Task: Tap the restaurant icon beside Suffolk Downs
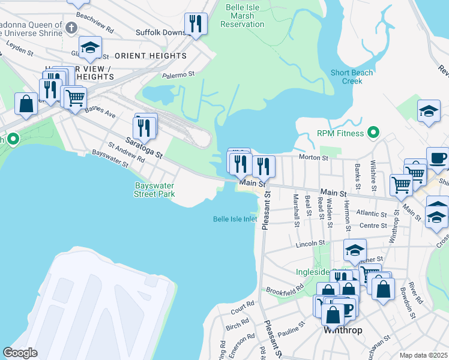coord(196,24)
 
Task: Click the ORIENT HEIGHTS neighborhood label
coord(150,56)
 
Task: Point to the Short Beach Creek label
coord(352,77)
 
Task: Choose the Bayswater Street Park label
coord(154,190)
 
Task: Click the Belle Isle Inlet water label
coord(235,219)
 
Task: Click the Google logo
coord(20,353)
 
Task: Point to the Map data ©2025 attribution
coord(423,355)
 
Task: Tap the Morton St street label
coord(316,158)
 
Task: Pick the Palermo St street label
coord(179,75)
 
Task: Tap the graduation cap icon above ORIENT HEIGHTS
coord(90,48)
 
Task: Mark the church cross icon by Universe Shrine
coord(71,28)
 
